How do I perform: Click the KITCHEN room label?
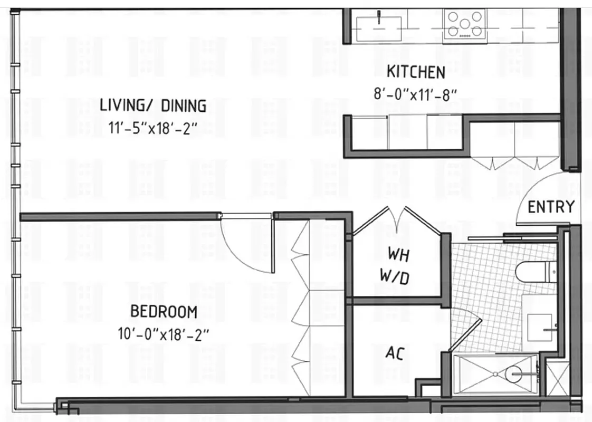(x=416, y=72)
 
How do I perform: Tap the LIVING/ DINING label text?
(x=153, y=106)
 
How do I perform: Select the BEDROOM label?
(x=164, y=312)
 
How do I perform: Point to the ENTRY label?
(x=551, y=207)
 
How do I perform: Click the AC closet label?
(x=395, y=353)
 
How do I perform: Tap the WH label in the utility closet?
(x=398, y=254)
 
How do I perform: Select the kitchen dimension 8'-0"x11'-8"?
(x=415, y=94)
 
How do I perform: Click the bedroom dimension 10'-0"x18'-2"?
(x=164, y=334)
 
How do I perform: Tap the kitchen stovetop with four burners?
(x=465, y=24)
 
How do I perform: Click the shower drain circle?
(x=512, y=373)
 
